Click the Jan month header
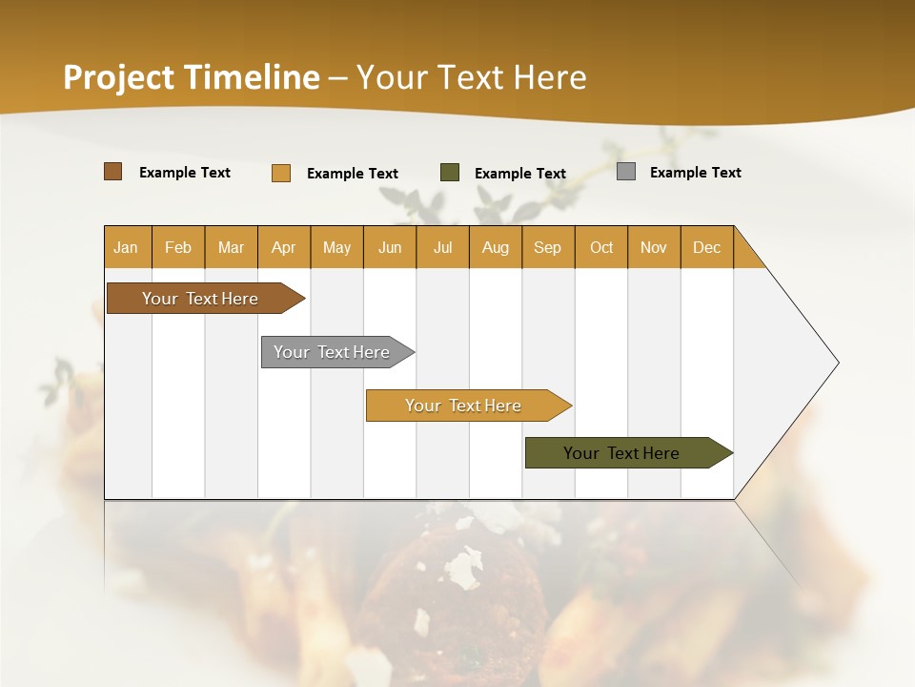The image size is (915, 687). pos(126,247)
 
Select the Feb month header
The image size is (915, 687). pos(178,247)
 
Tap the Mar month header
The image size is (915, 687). pos(231,247)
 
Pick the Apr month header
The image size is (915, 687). pos(284,247)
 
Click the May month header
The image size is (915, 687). pos(336,247)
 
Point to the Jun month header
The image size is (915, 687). pos(390,247)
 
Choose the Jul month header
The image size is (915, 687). pos(442,247)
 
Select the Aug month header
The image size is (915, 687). pos(496,247)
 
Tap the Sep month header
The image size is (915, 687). pos(548,247)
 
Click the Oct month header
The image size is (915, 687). pos(601,247)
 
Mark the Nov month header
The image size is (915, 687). pos(654,247)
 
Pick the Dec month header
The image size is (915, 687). pos(706,247)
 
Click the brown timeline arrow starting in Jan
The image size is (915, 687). pos(200,299)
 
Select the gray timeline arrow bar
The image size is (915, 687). pos(332,352)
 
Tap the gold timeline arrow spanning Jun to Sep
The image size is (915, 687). pos(463,406)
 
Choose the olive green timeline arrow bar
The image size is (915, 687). pos(621,453)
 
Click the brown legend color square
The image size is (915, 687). pos(113,172)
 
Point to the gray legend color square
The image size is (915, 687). pos(626,172)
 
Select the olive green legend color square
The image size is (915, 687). pos(450,172)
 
